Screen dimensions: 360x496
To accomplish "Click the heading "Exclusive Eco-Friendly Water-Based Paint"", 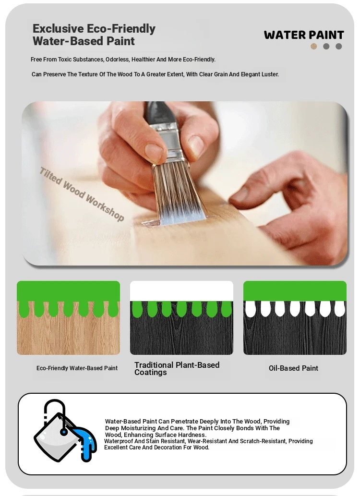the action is (94, 35).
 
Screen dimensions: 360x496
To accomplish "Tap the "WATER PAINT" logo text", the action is (304, 35).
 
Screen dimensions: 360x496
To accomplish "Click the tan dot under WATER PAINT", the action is (314, 47).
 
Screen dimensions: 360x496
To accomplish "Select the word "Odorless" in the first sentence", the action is (118, 60).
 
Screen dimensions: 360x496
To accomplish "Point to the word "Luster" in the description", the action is (270, 74).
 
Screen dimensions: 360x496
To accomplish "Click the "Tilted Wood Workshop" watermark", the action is (82, 194).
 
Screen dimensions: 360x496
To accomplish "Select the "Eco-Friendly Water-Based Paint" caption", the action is (77, 368).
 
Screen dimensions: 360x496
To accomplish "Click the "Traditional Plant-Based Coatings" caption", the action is (177, 369).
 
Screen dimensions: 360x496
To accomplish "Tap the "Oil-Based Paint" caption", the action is (293, 368).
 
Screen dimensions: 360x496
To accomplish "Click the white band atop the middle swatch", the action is (181, 290).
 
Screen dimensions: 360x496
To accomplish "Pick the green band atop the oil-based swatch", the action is (295, 290).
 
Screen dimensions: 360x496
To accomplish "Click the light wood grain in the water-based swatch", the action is (68, 335).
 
